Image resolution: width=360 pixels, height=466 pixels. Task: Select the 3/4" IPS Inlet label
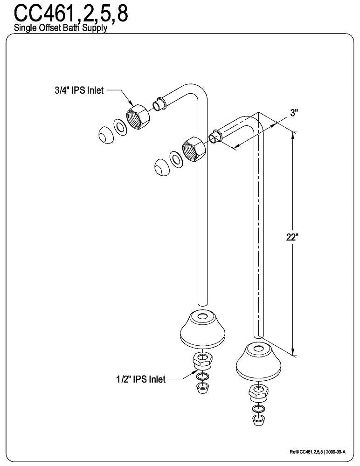[x=79, y=90]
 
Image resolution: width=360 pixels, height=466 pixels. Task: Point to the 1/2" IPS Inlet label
[x=140, y=379]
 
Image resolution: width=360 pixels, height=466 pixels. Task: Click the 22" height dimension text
[x=292, y=236]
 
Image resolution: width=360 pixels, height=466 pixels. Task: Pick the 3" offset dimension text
[x=294, y=113]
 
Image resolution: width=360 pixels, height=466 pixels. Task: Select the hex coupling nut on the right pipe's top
[x=194, y=150]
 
